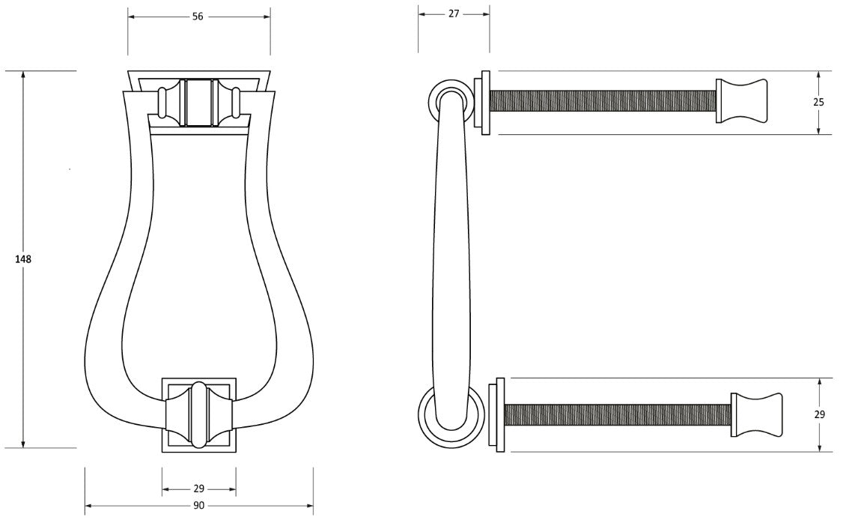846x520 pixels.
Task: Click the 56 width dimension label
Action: (198, 16)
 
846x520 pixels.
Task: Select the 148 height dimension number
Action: (23, 259)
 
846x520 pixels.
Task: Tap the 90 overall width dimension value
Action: (198, 506)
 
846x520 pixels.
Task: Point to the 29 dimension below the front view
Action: (198, 489)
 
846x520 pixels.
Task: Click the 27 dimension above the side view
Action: (454, 13)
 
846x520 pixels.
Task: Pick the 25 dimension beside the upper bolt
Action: (819, 103)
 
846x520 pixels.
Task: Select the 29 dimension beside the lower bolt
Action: (819, 414)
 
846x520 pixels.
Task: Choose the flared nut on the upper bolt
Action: (742, 101)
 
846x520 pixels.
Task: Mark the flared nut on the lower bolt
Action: (757, 414)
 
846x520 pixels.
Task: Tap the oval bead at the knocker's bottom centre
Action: (198, 414)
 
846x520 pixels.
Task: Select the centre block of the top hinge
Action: (198, 102)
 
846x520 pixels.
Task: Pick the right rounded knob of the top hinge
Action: (236, 103)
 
